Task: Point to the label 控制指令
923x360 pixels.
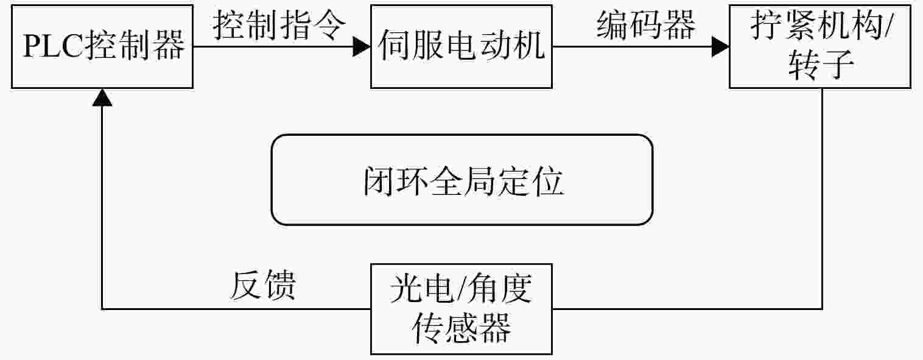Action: [279, 25]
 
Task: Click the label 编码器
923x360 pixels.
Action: [646, 25]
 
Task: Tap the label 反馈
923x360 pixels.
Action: [263, 284]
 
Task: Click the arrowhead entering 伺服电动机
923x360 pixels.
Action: [362, 46]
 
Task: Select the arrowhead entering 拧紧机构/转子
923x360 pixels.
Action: [720, 46]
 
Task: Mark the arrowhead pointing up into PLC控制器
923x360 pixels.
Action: [102, 97]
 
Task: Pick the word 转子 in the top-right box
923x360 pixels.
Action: [821, 65]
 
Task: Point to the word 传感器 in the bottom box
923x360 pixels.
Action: [461, 328]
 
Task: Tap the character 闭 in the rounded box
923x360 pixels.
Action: [379, 181]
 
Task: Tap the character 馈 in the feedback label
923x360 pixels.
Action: [280, 284]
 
